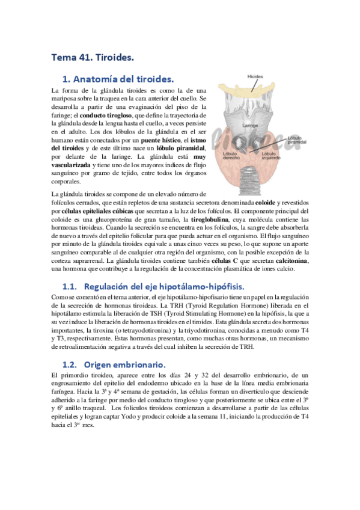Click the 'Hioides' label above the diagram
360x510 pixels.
point(255,77)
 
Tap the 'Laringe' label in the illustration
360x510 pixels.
point(251,125)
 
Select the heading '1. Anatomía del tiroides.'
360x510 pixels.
point(118,79)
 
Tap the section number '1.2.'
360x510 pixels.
point(71,364)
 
